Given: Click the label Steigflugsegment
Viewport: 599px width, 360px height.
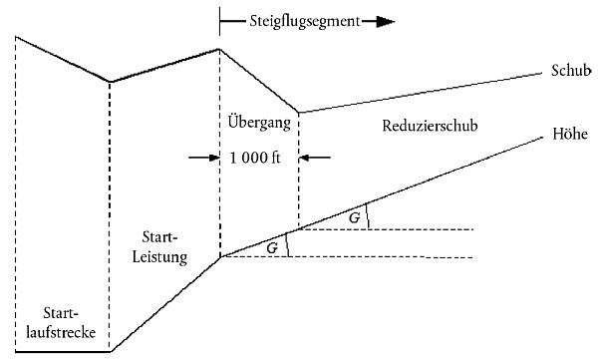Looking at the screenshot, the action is coord(305,21).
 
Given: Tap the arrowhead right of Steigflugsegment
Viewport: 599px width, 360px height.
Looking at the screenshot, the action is coord(385,22).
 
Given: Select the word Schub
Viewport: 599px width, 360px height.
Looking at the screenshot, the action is coord(571,71).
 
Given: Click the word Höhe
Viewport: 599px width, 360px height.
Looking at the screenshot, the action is coord(570,134).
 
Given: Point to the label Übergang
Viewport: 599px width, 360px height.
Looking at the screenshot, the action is coord(259,123).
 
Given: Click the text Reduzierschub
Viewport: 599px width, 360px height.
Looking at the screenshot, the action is coord(430,126).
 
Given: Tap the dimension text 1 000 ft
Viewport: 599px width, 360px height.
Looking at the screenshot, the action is coord(255,158).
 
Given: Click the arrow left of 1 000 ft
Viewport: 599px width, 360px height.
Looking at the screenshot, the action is coord(203,158).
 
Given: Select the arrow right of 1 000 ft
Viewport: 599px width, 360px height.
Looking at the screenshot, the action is coord(315,158).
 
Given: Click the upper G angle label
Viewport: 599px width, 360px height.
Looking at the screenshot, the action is coord(354,217).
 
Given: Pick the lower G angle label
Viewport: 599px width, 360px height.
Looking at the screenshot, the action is coord(272,248).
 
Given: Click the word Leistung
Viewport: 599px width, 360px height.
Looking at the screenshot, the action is coord(159,257).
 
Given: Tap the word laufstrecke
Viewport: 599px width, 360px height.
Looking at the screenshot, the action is coord(61,332).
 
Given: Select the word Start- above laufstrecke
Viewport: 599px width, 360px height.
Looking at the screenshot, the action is coord(61,313).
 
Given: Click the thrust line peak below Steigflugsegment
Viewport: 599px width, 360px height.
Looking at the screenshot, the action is coord(219,49).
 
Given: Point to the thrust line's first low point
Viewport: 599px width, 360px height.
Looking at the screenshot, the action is coord(110,82).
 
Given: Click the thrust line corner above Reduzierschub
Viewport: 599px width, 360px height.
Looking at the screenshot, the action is coord(299,113).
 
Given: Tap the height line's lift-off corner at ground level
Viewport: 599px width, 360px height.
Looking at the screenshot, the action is coord(112,351).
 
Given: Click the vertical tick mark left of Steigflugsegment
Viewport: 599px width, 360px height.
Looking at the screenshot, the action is coord(219,21).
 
